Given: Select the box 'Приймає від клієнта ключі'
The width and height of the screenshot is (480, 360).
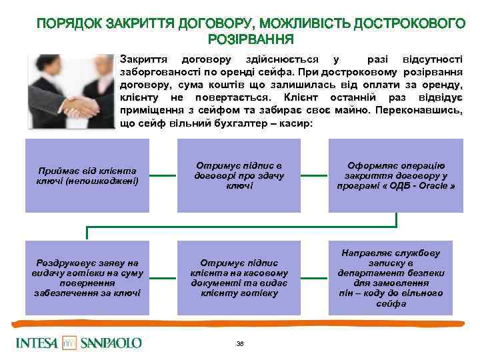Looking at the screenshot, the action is pos(86,177).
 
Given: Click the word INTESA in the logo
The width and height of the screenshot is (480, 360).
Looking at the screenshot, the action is pos(37,343).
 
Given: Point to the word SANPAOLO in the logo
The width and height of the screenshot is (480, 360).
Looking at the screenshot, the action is pos(111,343).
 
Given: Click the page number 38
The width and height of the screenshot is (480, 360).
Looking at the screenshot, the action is pos(240,343).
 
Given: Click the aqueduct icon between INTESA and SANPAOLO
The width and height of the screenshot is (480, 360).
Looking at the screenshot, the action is pos(70,343).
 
